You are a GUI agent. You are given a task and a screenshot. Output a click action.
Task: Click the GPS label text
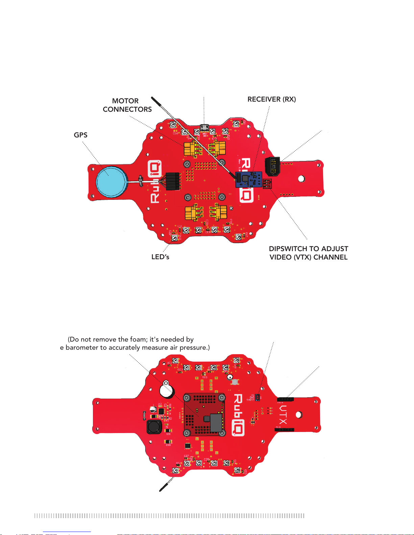80,135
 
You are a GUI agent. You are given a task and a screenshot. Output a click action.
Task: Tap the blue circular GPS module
112,181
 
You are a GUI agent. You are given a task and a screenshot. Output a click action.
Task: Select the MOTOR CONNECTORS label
127,105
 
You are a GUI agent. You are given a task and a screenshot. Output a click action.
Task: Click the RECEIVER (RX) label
271,99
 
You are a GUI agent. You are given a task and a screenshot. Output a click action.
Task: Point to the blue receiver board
248,179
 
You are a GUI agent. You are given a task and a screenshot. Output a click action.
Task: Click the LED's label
160,257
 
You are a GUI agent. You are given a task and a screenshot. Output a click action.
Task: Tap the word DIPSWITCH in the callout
288,249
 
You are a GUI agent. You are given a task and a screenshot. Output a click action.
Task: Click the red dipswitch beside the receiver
267,184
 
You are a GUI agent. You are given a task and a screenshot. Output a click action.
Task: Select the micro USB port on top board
204,128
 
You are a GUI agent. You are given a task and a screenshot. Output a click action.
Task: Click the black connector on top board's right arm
272,166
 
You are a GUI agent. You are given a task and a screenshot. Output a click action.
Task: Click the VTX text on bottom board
283,414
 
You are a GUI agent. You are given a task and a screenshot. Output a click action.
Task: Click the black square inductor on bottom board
154,427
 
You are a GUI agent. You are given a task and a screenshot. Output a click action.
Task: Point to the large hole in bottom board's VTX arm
299,414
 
